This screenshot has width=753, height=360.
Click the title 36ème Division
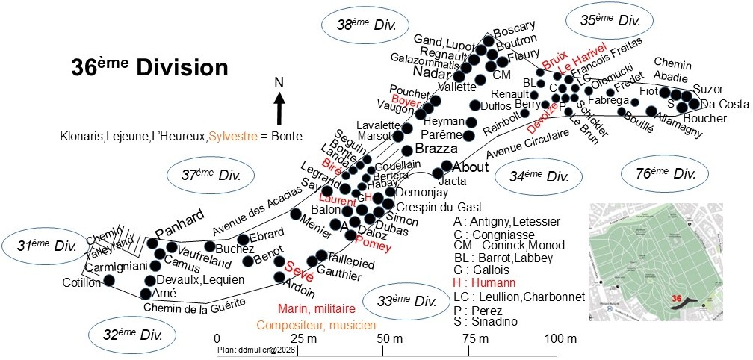(x=149, y=67)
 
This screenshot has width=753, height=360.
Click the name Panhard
(x=179, y=217)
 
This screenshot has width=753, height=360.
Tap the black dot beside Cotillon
(x=109, y=280)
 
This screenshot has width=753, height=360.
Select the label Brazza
(x=436, y=149)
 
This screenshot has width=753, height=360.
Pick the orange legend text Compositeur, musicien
(x=316, y=325)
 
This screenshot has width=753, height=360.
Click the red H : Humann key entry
(x=484, y=283)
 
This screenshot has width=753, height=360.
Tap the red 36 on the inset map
(x=677, y=298)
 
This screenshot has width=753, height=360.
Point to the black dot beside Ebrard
(x=244, y=240)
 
